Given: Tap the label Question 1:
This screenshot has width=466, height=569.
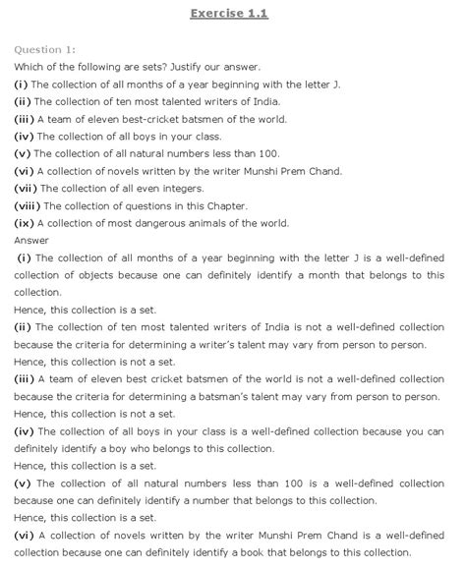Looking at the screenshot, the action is pyautogui.click(x=45, y=49).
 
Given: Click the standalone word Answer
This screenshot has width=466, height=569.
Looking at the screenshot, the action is pyautogui.click(x=31, y=241).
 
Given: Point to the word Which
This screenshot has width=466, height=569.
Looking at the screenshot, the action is pyautogui.click(x=29, y=67).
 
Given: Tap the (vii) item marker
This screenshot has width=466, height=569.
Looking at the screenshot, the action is pyautogui.click(x=26, y=189).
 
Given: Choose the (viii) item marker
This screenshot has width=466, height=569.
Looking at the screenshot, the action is pyautogui.click(x=28, y=206).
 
